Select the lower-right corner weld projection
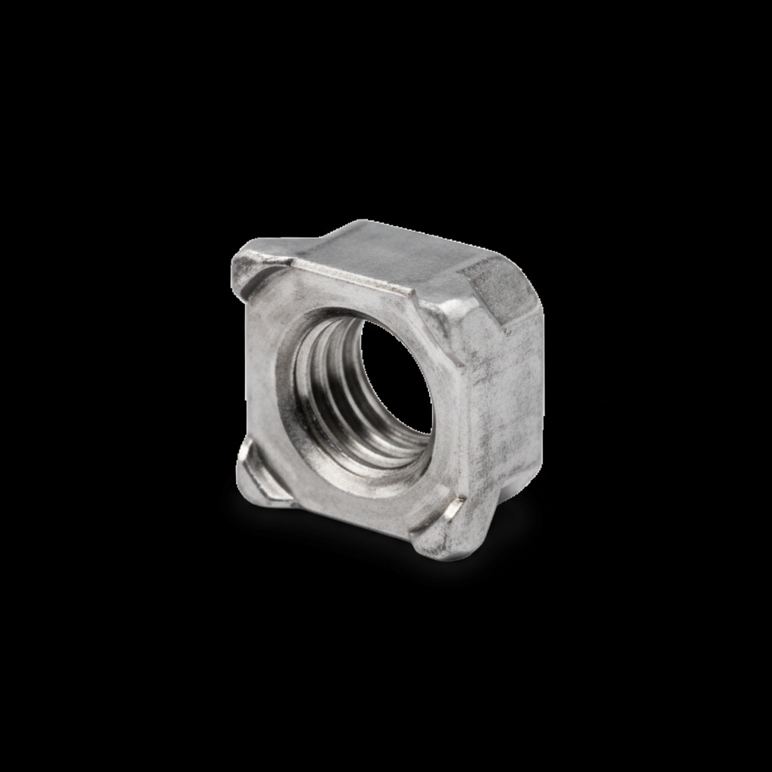(441, 532)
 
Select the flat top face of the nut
(392, 253)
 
